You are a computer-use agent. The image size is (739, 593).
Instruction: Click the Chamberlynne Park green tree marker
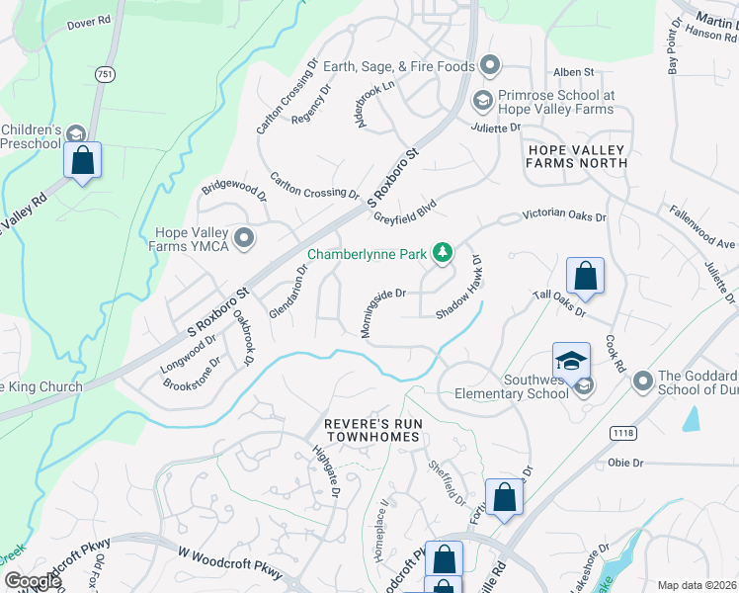pyautogui.click(x=444, y=254)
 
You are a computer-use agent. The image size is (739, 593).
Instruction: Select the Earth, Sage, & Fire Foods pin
pyautogui.click(x=490, y=66)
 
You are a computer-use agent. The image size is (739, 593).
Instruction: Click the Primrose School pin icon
pyautogui.click(x=482, y=100)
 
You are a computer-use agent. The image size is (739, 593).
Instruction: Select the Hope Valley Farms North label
pyautogui.click(x=577, y=155)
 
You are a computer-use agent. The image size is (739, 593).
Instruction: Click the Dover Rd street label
pyautogui.click(x=88, y=23)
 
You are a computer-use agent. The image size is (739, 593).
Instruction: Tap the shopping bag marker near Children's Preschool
pyautogui.click(x=83, y=160)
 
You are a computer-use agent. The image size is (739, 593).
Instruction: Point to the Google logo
pyautogui.click(x=33, y=581)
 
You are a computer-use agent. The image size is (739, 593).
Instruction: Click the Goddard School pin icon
pyautogui.click(x=643, y=381)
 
